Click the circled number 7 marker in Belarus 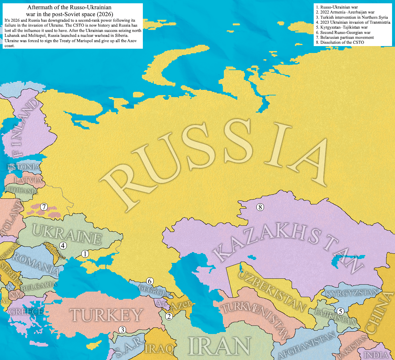[x=44, y=207]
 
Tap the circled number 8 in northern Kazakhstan [x=260, y=207]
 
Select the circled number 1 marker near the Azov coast [x=85, y=254]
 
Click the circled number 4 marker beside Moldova [x=63, y=245]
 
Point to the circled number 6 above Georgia [x=150, y=281]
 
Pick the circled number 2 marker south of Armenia [x=169, y=317]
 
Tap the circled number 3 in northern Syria [x=122, y=330]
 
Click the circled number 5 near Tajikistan [x=341, y=311]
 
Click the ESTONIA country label [x=24, y=167]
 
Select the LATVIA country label [x=29, y=180]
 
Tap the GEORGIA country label [x=153, y=291]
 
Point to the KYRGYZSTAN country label [x=352, y=293]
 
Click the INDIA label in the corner [x=376, y=355]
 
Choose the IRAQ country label [x=159, y=348]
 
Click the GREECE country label [x=26, y=311]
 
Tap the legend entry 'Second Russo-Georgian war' [x=345, y=33]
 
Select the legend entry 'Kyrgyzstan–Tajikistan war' [x=344, y=27]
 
